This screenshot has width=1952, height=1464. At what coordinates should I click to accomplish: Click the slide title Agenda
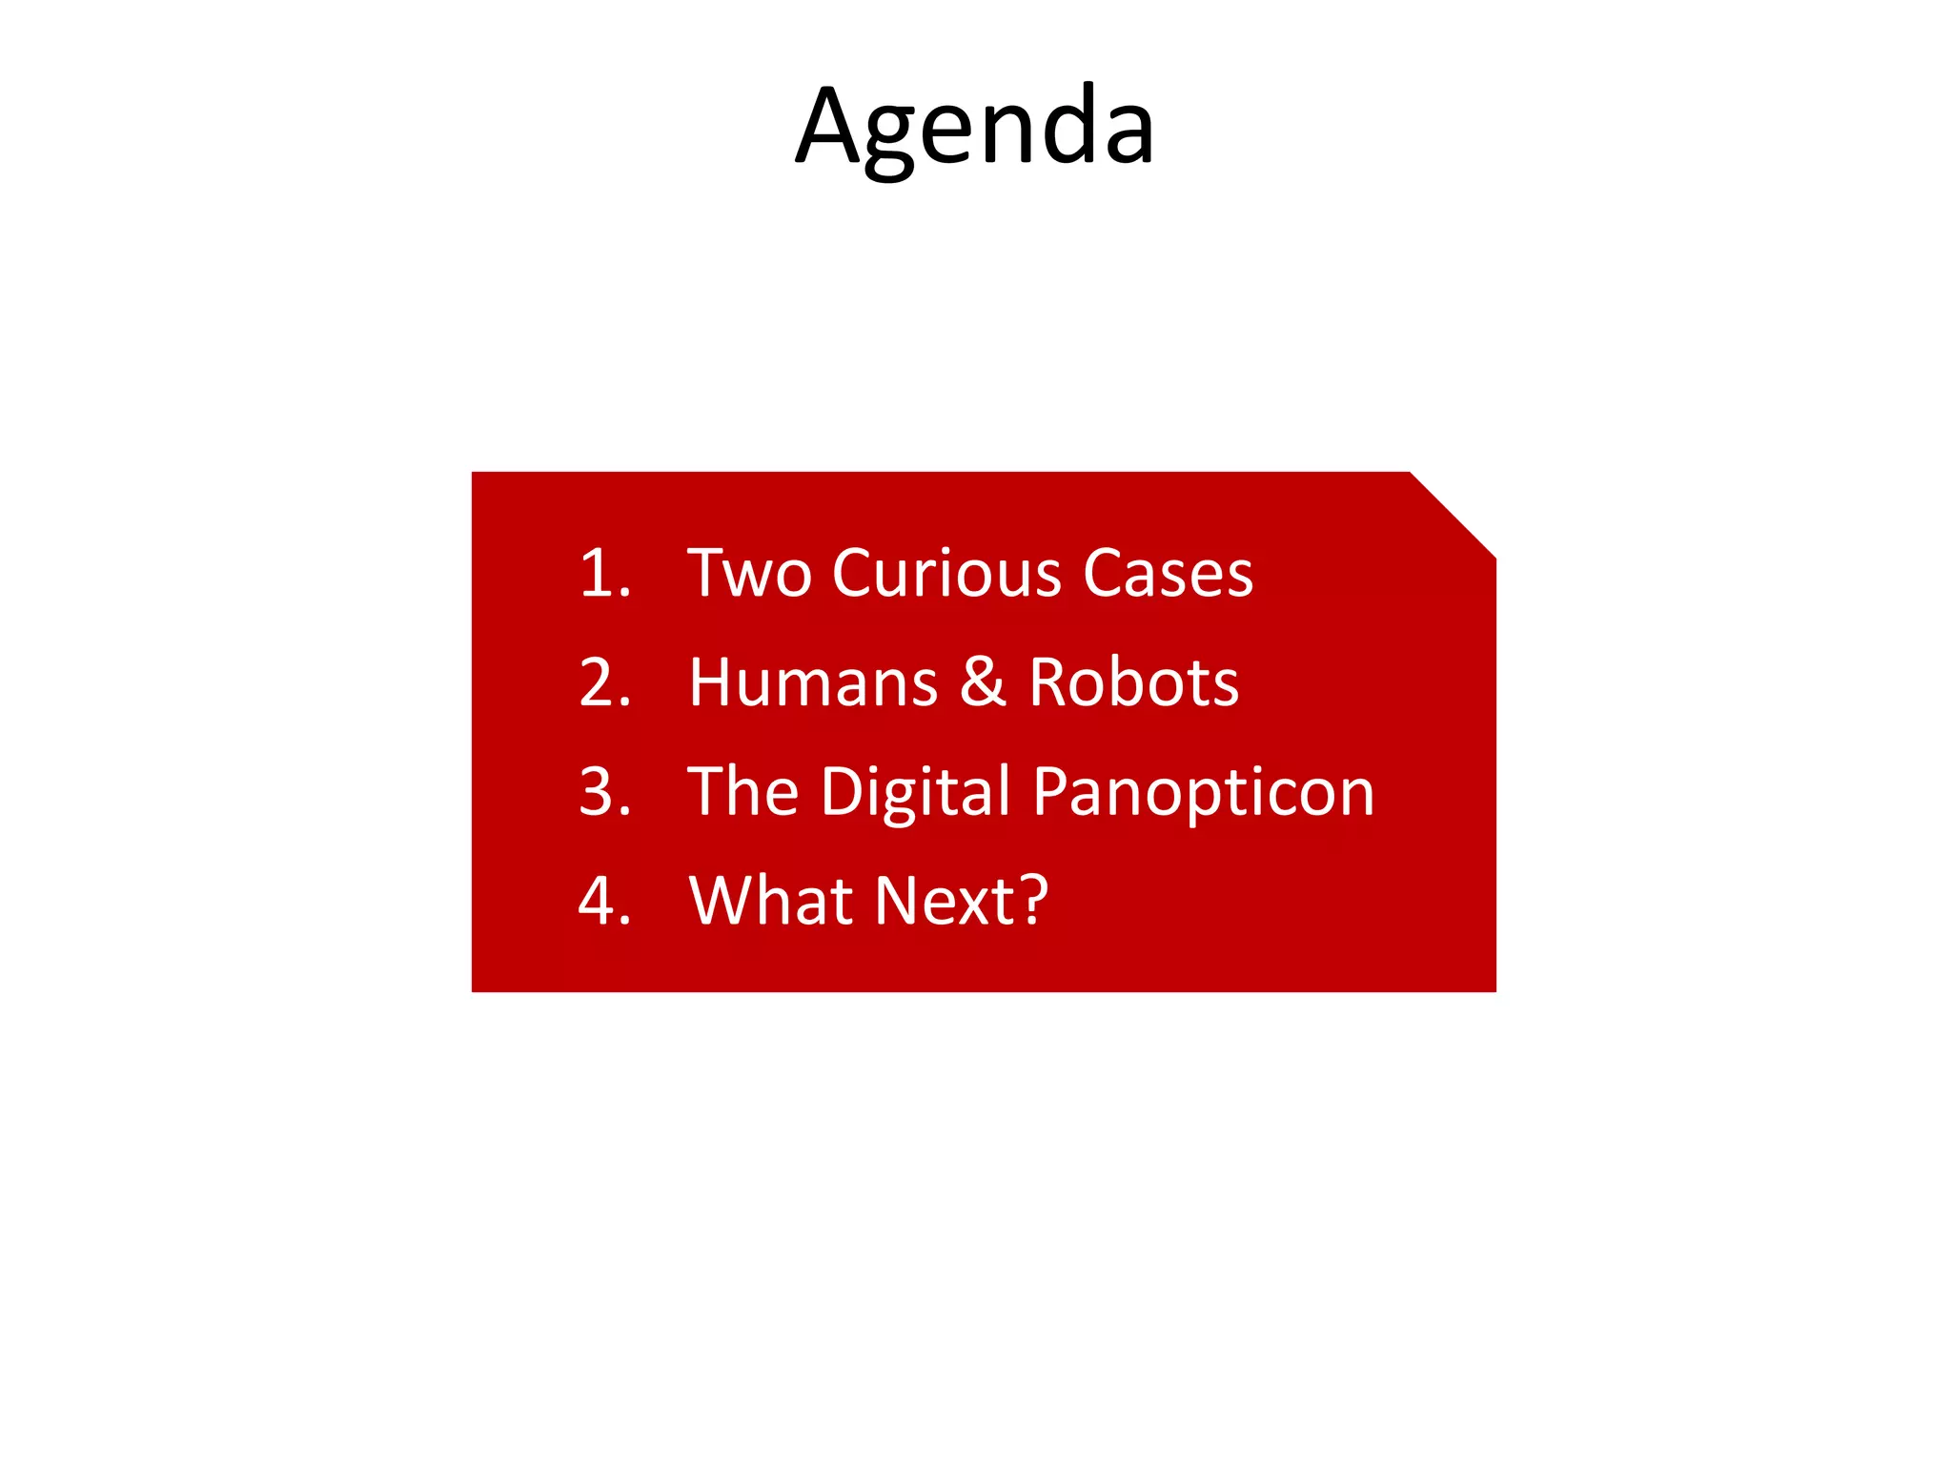pos(975,128)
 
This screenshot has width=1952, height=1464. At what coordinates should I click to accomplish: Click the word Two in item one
pos(749,574)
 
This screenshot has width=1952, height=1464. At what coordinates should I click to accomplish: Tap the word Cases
pos(1168,574)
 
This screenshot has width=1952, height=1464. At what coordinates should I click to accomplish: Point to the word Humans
pos(813,682)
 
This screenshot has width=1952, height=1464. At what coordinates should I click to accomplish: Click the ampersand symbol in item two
pos(983,682)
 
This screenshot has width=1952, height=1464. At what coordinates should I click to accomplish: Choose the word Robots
pos(1133,682)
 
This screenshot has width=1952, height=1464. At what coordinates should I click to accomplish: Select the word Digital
pos(915,793)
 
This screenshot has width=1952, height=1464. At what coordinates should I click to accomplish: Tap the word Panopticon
pos(1203,793)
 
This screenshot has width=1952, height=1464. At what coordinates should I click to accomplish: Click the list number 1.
pos(599,574)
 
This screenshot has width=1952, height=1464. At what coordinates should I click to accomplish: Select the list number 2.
pos(599,682)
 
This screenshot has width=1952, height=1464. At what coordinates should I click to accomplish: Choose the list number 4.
pos(599,901)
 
